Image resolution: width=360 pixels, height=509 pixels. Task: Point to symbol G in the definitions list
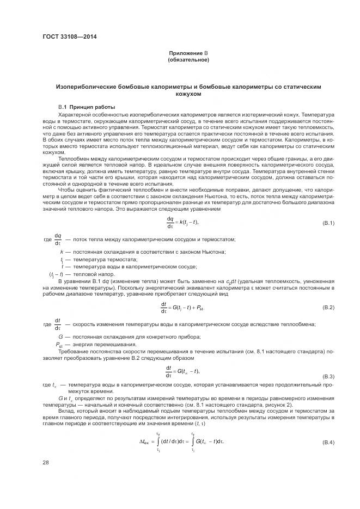click(60, 337)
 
